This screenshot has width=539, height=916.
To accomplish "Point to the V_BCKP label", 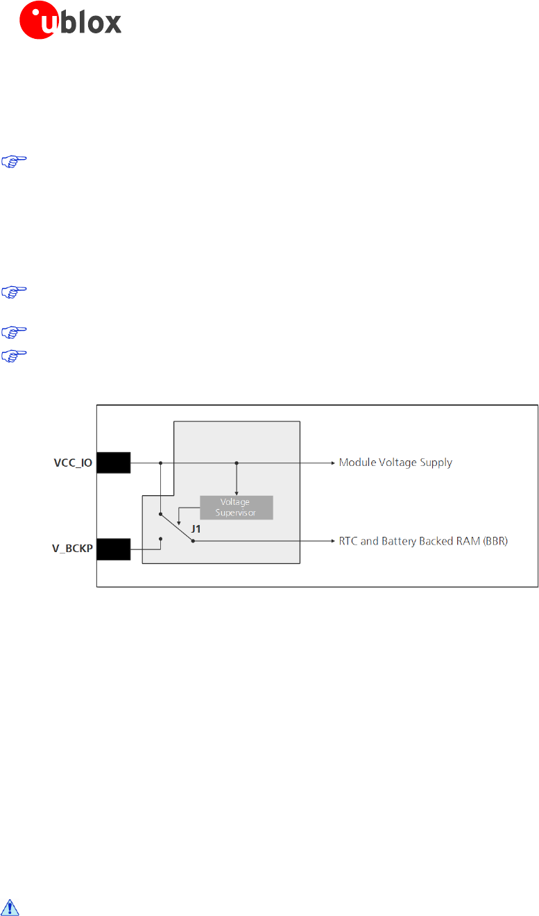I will pyautogui.click(x=74, y=549).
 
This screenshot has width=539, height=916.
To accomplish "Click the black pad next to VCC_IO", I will pyautogui.click(x=113, y=463).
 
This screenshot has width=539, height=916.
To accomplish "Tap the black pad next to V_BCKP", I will pyautogui.click(x=113, y=549).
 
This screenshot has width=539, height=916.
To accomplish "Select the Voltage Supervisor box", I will pyautogui.click(x=237, y=508).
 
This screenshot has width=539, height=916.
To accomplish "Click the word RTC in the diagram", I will pyautogui.click(x=349, y=541).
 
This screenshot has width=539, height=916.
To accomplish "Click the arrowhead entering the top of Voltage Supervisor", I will pyautogui.click(x=237, y=492).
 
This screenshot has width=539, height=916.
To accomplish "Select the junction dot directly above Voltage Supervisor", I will pyautogui.click(x=237, y=463).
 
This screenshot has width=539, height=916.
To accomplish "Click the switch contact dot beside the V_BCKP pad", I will pyautogui.click(x=160, y=538).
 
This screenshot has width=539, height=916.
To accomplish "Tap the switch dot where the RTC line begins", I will pyautogui.click(x=194, y=541).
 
